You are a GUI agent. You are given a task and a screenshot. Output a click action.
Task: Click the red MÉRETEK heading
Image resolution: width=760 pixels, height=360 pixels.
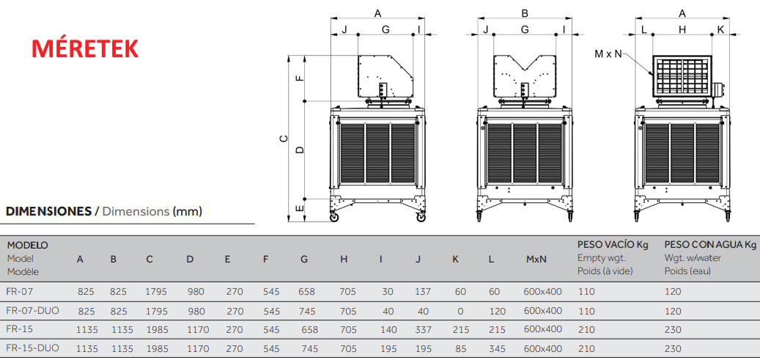pos(85,49)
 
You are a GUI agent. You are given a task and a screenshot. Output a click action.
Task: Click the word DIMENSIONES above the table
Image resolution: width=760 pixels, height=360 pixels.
pos(48,211)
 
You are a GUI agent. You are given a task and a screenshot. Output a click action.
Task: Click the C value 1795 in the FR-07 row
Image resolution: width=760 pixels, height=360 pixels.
pos(156,292)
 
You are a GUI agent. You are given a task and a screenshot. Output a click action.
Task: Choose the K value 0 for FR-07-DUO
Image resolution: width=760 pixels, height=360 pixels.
pos(460,311)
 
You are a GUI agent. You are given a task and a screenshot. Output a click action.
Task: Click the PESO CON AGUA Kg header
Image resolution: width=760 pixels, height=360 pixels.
pos(709,245)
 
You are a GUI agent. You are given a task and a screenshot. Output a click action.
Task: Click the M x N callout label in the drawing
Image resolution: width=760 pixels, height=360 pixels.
pos(608,54)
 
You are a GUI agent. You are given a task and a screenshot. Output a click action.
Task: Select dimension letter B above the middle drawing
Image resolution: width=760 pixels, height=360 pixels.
pos(525,13)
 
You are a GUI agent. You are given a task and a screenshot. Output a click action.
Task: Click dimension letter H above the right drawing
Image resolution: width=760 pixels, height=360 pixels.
pos(682,29)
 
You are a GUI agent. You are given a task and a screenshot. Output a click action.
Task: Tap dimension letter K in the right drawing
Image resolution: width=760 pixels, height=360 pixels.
pos(720,29)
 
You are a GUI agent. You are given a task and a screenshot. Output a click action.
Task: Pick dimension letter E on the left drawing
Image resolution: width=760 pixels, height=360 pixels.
pos(300,209)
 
